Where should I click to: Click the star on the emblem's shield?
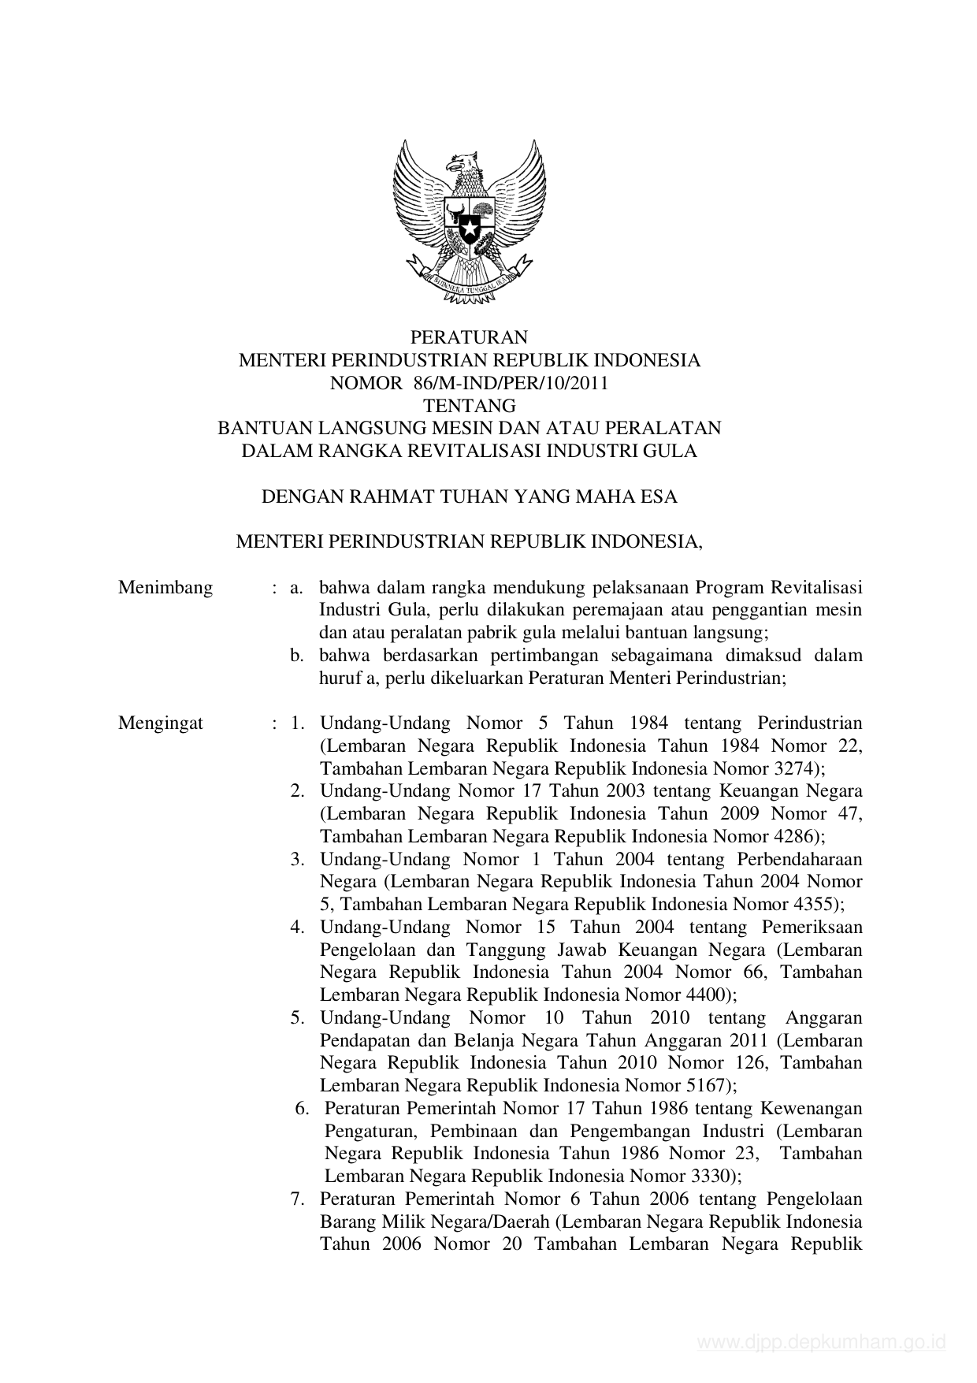tap(470, 230)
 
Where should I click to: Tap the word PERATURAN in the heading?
tap(469, 338)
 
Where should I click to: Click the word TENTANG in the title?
tap(470, 407)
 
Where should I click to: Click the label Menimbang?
tap(165, 588)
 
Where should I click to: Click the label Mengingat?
tap(161, 723)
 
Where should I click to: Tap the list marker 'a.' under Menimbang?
tap(297, 588)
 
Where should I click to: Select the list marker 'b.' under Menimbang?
tap(297, 656)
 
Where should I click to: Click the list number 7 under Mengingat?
tap(297, 1199)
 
